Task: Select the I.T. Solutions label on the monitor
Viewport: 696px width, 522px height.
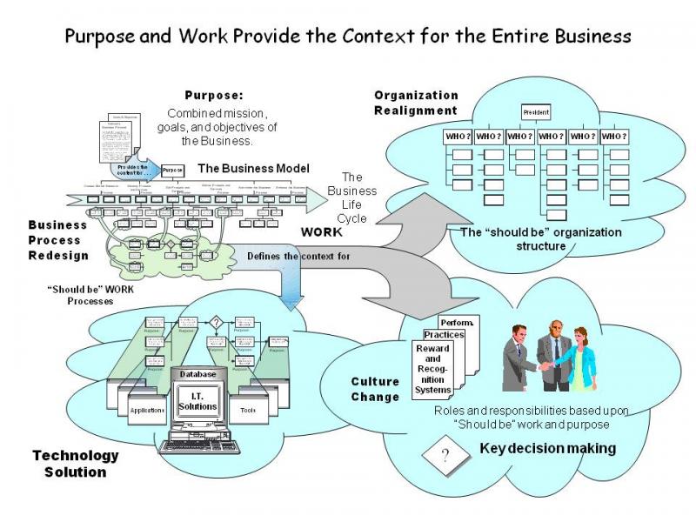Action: coord(197,401)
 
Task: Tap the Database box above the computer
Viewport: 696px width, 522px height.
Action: coord(197,374)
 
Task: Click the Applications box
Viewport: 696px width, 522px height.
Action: coord(146,410)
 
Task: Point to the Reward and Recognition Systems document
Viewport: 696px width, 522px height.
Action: coord(432,371)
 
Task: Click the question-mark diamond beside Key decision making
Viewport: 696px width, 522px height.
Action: coord(445,458)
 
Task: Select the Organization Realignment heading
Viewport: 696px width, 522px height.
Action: coord(416,103)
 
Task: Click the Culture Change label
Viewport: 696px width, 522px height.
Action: coord(375,389)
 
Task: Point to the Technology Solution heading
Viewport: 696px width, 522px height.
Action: coord(75,464)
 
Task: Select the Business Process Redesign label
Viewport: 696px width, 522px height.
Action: coord(59,239)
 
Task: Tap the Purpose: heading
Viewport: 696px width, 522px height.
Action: coord(214,95)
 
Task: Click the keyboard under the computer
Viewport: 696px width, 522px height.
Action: coord(197,447)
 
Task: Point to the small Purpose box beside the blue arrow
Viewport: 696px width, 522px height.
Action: coord(173,170)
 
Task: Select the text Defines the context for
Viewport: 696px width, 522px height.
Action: coord(298,256)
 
